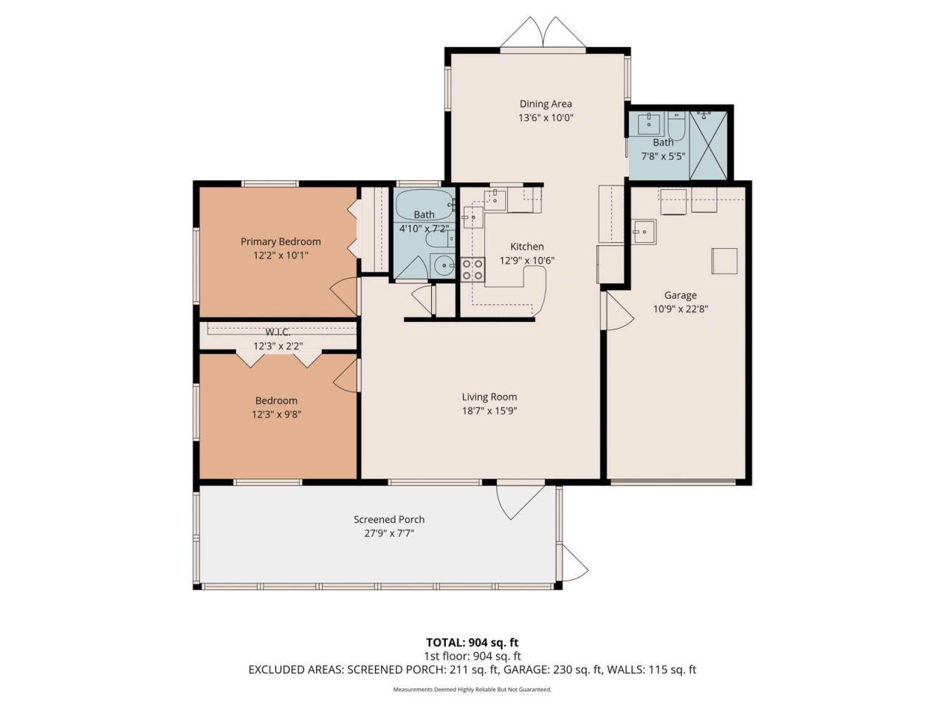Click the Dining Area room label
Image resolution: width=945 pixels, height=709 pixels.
tap(546, 104)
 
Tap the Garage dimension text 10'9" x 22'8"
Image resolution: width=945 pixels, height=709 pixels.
tap(680, 309)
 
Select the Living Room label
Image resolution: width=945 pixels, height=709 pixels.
tap(489, 397)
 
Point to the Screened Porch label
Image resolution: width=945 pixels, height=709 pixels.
tap(389, 520)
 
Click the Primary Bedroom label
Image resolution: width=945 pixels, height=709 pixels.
tap(281, 242)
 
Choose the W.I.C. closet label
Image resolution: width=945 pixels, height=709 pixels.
tap(278, 332)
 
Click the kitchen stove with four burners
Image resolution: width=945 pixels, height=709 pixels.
tap(472, 270)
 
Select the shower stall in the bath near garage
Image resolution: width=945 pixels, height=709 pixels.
tap(708, 145)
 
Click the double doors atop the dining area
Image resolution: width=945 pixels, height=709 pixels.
tap(543, 34)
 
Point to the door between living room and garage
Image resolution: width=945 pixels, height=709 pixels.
tap(617, 311)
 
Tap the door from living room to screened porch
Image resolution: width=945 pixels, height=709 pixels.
tap(520, 499)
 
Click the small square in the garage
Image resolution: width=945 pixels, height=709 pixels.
tap(724, 261)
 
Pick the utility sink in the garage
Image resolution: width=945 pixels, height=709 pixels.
tap(645, 231)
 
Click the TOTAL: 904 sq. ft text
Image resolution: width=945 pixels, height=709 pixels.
tap(472, 643)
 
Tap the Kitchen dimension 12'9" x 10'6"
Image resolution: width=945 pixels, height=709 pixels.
tap(526, 261)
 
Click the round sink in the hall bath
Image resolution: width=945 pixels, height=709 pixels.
tap(443, 266)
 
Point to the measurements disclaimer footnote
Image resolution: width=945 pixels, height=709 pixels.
tap(472, 689)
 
